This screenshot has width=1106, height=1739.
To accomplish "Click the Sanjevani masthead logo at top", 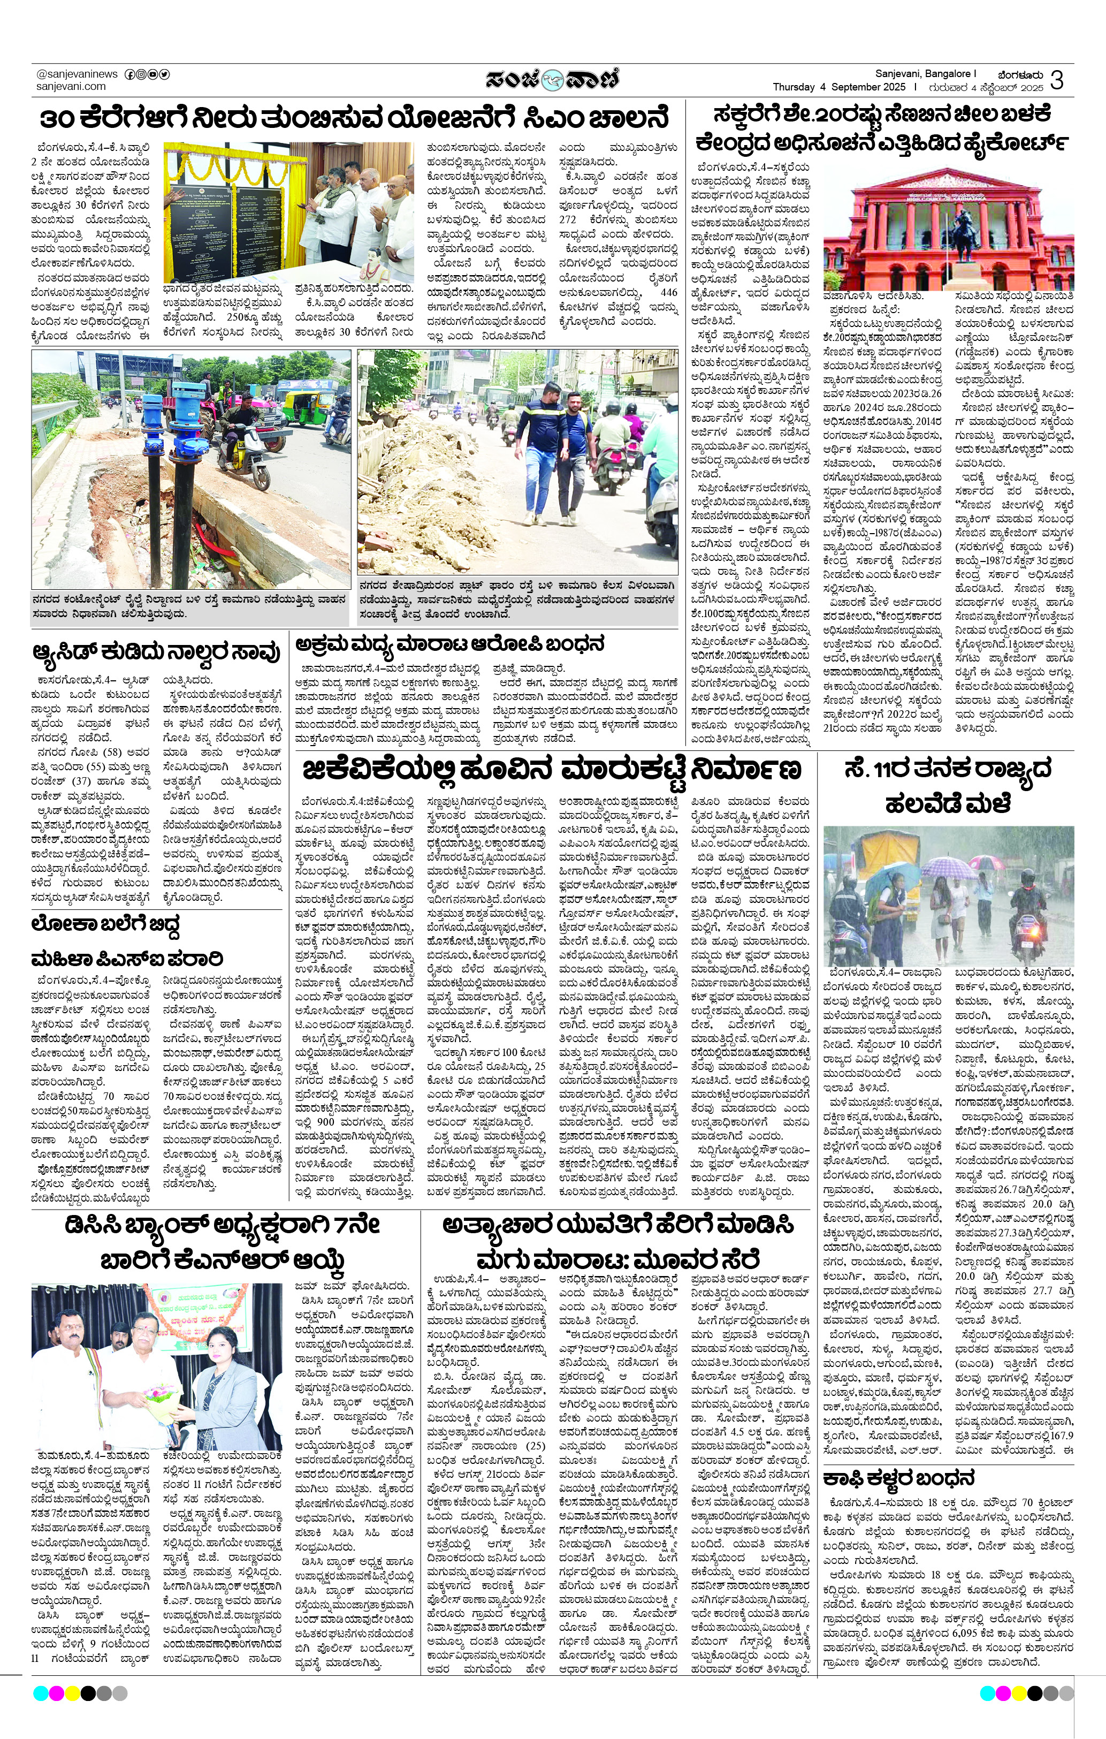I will (x=552, y=79).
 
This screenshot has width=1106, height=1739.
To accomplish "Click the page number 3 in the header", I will (x=1056, y=80).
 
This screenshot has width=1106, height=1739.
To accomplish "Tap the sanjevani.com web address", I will (x=71, y=86).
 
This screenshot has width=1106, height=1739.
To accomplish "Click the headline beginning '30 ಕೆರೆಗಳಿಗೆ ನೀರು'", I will (x=354, y=118).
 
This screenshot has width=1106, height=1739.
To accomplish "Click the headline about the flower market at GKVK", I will (x=552, y=770).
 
